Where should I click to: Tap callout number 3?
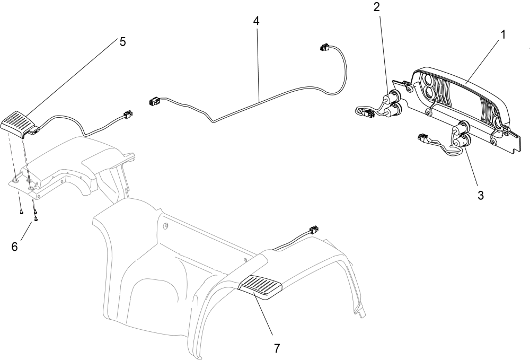480,195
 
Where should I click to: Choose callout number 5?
122,42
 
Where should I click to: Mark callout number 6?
15,247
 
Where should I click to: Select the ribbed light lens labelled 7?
261,288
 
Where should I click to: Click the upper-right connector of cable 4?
323,48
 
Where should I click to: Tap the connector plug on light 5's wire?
127,114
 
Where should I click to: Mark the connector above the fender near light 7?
313,230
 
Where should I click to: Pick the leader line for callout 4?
258,64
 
